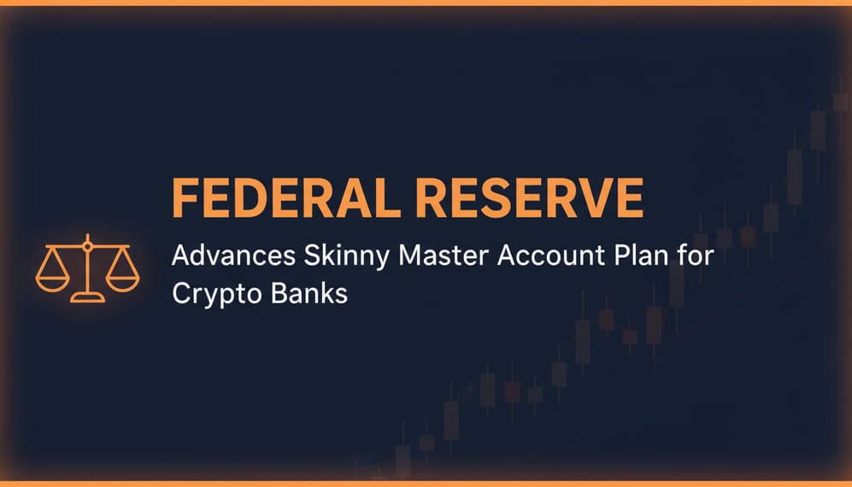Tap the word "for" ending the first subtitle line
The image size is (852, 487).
coord(695,256)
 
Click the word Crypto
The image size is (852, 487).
coord(213,295)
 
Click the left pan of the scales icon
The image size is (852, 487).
coord(52,279)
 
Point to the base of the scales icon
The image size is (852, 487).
coord(87,297)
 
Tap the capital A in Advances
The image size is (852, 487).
coord(182,256)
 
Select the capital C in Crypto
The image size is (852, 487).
coord(182,292)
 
